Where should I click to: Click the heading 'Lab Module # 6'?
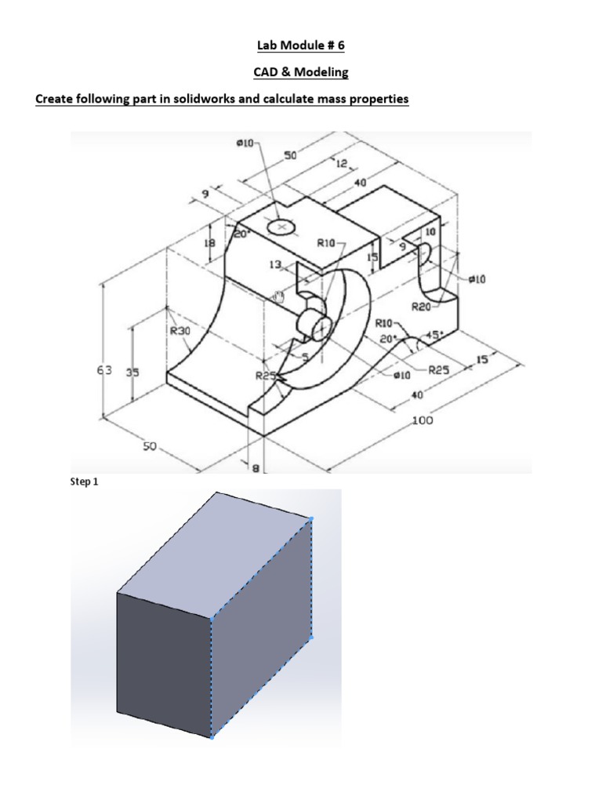[300, 46]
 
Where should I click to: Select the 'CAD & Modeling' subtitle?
[300, 72]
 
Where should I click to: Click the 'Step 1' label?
[85, 482]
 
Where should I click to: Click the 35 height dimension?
[132, 372]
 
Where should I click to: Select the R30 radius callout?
[180, 331]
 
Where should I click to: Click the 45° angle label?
[433, 336]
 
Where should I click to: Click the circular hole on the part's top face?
[281, 227]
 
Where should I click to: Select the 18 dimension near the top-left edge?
[209, 245]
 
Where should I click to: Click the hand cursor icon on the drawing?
[277, 296]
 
